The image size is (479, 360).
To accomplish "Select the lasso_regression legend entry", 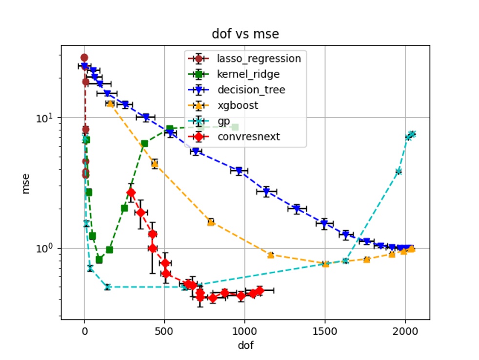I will click(259, 59).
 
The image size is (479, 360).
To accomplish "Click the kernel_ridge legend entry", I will click(249, 74).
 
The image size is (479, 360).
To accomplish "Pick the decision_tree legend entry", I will click(251, 90).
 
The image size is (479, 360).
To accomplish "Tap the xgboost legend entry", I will click(238, 105).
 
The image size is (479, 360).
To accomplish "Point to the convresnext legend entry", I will click(249, 137).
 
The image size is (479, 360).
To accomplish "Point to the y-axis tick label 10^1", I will click(49, 118).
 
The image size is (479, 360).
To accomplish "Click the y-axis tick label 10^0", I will click(49, 248).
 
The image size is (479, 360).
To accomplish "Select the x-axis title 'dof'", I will click(245, 346).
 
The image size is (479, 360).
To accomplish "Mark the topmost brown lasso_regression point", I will click(84, 58).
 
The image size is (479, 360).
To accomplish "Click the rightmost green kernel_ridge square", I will click(235, 127).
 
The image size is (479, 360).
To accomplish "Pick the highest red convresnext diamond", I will click(131, 193).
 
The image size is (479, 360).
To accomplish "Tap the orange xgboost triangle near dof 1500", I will click(326, 264).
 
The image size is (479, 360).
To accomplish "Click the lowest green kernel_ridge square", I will click(99, 260).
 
